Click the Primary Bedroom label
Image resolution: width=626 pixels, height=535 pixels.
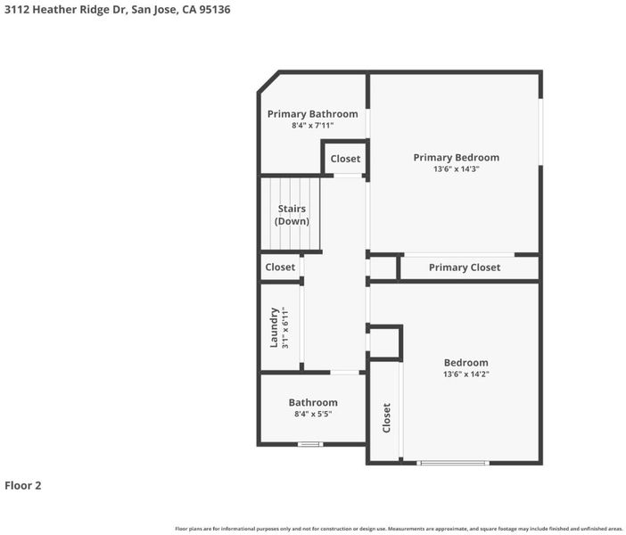pos(457,158)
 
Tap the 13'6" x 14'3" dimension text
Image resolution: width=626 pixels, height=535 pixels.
pos(457,169)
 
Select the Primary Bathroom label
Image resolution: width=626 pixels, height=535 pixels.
pos(313,114)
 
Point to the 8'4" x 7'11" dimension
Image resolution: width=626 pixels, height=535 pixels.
pos(313,126)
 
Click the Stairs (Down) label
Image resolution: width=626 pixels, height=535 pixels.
pos(292,215)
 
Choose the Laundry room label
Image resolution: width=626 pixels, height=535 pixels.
pos(274,327)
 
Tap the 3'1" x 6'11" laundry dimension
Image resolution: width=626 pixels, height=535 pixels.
pos(285,327)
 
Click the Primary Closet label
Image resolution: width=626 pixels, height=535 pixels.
pos(465,267)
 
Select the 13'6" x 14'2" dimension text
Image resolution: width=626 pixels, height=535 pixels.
pos(465,374)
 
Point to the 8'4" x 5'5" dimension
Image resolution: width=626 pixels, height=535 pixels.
pos(313,414)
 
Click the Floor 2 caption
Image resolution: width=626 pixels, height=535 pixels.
pos(23,485)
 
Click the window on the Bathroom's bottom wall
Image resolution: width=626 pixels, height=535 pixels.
pos(310,444)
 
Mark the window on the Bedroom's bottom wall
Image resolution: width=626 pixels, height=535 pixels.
pos(453,463)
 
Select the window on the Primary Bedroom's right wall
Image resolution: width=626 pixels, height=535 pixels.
pos(540,132)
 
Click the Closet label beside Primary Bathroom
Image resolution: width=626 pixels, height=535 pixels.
pos(345,159)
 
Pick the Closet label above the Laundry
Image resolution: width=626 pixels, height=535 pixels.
pos(280,267)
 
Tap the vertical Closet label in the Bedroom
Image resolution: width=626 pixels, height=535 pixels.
pos(386,418)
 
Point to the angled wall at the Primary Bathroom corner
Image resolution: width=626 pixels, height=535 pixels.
pos(268,82)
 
